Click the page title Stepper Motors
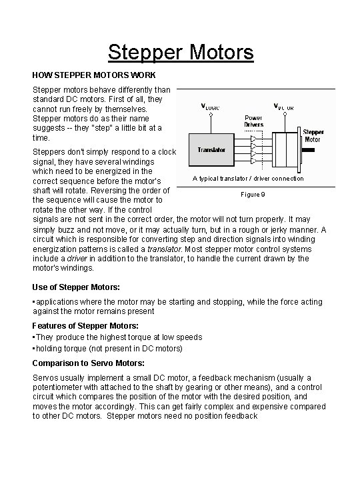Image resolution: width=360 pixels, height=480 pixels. [181, 51]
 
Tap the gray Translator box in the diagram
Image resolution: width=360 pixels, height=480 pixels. [211, 150]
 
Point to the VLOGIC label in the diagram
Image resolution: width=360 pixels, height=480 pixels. [212, 106]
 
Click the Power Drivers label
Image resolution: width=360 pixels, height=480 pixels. [255, 121]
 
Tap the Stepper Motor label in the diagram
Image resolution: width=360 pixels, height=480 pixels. [313, 135]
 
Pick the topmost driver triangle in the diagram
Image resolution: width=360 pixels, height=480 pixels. [254, 140]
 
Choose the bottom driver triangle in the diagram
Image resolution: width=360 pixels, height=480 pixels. [254, 161]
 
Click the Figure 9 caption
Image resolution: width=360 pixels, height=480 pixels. [253, 194]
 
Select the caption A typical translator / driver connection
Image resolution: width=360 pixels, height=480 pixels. [248, 178]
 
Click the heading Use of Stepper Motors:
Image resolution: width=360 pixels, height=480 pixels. [76, 287]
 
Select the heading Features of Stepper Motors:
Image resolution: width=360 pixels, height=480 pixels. [85, 325]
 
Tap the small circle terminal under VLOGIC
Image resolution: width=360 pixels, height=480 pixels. [211, 114]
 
